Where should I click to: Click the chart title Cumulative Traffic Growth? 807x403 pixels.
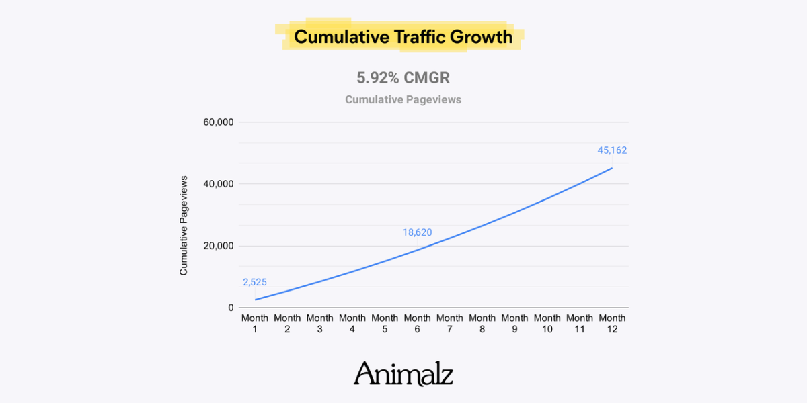tap(403, 36)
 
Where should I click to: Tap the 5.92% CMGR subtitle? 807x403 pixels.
tap(403, 78)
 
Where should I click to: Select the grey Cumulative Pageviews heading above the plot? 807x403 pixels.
tap(403, 99)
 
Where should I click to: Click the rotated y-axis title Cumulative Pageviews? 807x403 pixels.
tap(184, 226)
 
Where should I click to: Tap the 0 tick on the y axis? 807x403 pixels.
tap(230, 308)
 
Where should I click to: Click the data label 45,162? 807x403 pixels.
tap(612, 150)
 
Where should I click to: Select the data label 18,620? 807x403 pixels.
tap(417, 233)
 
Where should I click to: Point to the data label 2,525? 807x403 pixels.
tap(255, 282)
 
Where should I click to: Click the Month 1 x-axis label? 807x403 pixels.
tap(255, 324)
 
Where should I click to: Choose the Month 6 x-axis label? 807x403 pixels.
tap(417, 324)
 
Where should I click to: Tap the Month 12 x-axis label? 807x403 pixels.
tap(612, 324)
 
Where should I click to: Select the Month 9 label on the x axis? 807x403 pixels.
tap(514, 324)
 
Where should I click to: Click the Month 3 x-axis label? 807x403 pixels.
tap(319, 324)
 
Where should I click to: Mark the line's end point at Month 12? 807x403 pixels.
tap(612, 168)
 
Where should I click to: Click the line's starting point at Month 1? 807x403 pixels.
tap(256, 300)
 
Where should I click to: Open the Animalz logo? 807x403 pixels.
tap(403, 373)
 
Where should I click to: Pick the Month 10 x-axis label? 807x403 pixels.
tap(547, 324)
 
